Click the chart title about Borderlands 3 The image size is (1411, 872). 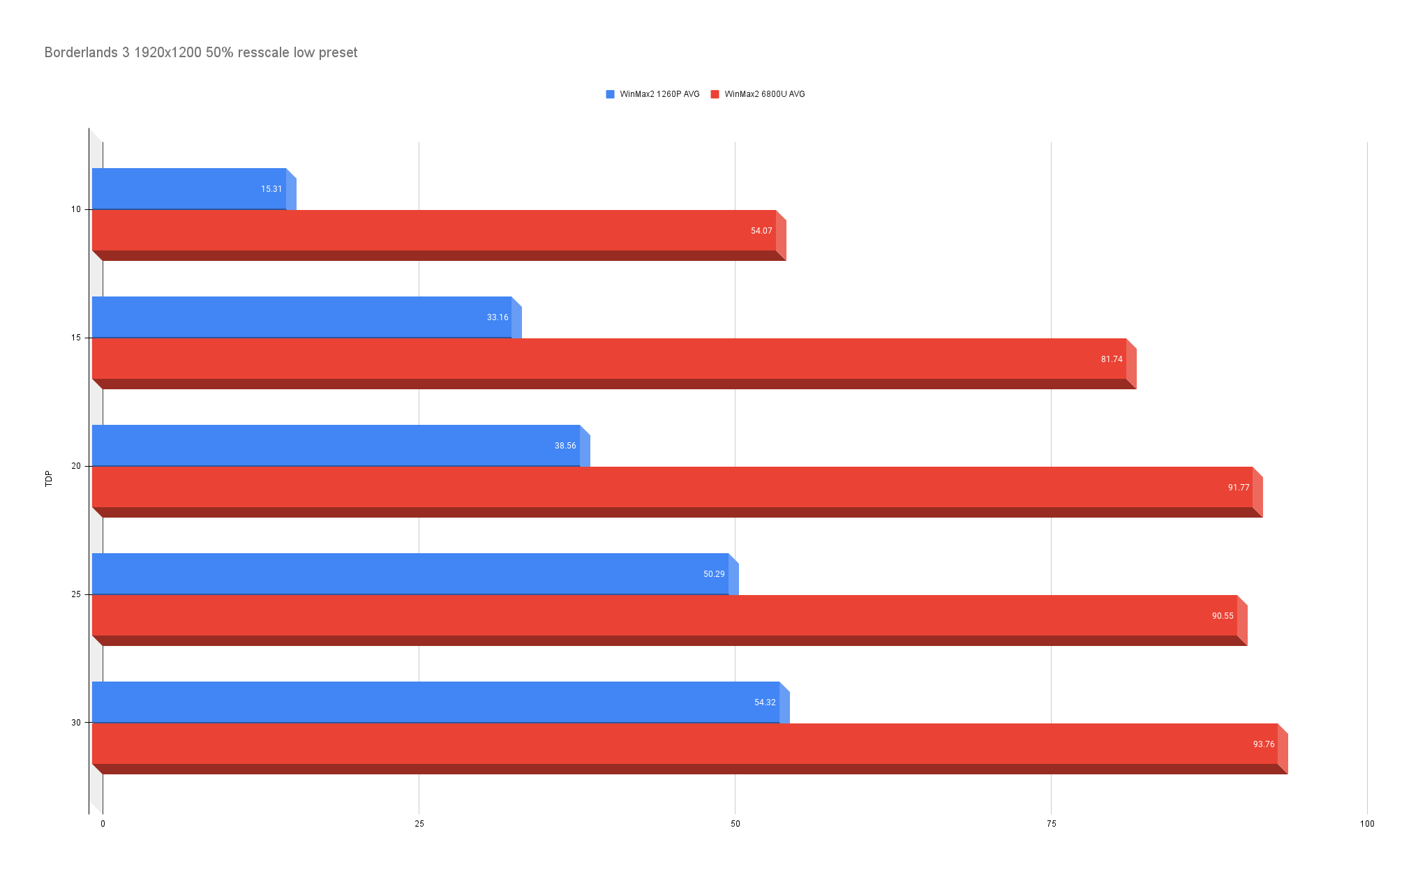pos(201,53)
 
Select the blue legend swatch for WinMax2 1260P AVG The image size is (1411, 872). pos(610,94)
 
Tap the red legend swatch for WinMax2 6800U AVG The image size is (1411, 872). pos(715,94)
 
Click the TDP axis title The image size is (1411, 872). pos(49,479)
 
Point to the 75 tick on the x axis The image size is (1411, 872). pos(1051,824)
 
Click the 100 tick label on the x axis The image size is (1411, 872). pos(1366,824)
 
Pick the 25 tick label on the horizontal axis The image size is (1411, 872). pos(419,824)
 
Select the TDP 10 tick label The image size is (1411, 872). pos(76,209)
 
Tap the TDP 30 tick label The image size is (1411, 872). pos(76,723)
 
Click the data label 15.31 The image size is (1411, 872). pos(271,189)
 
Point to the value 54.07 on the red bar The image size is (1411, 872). pos(761,231)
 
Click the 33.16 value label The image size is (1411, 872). pos(498,317)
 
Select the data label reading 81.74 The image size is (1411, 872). pos(1112,359)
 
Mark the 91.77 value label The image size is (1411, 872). pos(1239,488)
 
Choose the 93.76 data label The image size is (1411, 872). pos(1263,744)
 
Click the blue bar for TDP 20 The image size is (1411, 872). pos(335,445)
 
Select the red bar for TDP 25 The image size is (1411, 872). pos(663,615)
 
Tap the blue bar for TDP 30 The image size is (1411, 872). pos(433,702)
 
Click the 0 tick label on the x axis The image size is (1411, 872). pos(103,824)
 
